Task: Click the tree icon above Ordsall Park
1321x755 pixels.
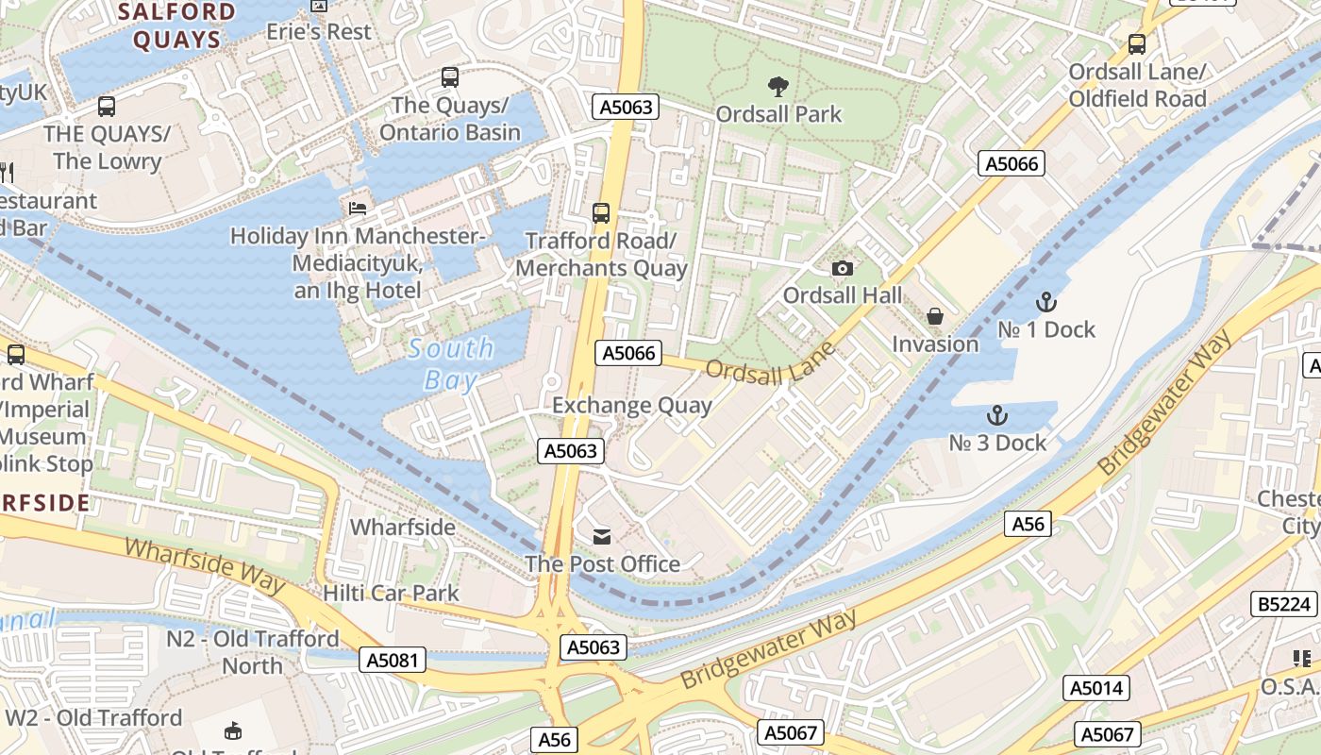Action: pos(778,87)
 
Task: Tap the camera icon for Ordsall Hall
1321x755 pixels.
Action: pos(843,269)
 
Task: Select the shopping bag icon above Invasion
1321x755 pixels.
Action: pos(935,316)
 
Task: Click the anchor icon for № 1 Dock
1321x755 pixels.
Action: pos(1045,302)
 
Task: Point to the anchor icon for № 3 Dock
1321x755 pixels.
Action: pos(996,415)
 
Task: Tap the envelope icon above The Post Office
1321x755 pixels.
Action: pos(602,537)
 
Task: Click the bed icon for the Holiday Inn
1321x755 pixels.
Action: pos(358,208)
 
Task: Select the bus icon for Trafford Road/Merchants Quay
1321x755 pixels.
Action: pos(601,212)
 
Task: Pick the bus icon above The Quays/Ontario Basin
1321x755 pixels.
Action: pos(450,77)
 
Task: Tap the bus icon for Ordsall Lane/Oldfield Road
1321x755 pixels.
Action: pos(1137,43)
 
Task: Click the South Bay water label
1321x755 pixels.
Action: pos(451,363)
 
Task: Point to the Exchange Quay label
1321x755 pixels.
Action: pos(631,406)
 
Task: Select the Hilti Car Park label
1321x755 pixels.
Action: pos(391,593)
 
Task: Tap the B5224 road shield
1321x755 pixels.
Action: pos(1283,604)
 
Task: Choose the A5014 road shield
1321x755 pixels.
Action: pos(1095,688)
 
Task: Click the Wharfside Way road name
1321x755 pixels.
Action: pos(204,565)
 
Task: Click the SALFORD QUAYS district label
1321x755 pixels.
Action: pos(177,25)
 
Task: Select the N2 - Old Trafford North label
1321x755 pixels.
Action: pos(252,652)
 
